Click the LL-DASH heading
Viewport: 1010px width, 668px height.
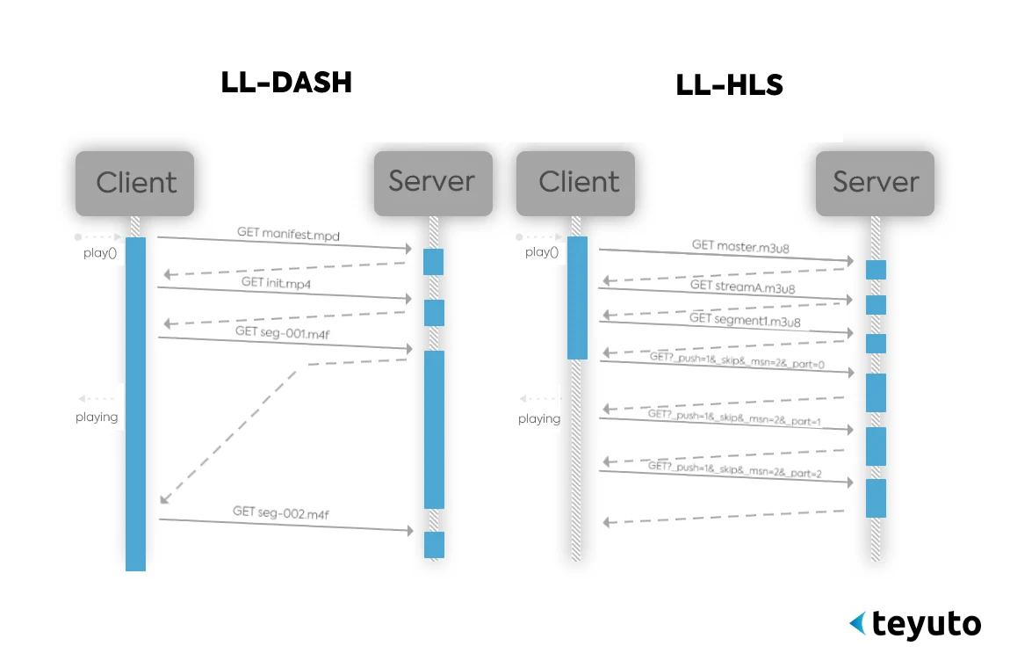tap(286, 82)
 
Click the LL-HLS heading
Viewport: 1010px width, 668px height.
tap(729, 85)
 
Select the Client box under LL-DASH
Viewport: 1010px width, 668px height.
tap(134, 183)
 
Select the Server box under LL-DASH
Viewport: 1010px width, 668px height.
tap(432, 182)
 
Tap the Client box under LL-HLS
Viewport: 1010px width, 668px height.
tap(577, 182)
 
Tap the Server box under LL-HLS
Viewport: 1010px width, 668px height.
tap(875, 182)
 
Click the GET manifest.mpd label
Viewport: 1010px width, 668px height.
tap(288, 234)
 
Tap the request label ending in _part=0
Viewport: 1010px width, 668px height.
tap(736, 359)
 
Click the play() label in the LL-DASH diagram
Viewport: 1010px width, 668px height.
tap(99, 253)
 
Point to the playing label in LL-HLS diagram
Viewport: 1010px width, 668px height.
tap(538, 418)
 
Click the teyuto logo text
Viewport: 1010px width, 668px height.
tap(927, 624)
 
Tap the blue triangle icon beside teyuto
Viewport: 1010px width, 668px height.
tap(857, 623)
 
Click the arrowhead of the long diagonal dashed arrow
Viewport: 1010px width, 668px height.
tap(163, 500)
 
